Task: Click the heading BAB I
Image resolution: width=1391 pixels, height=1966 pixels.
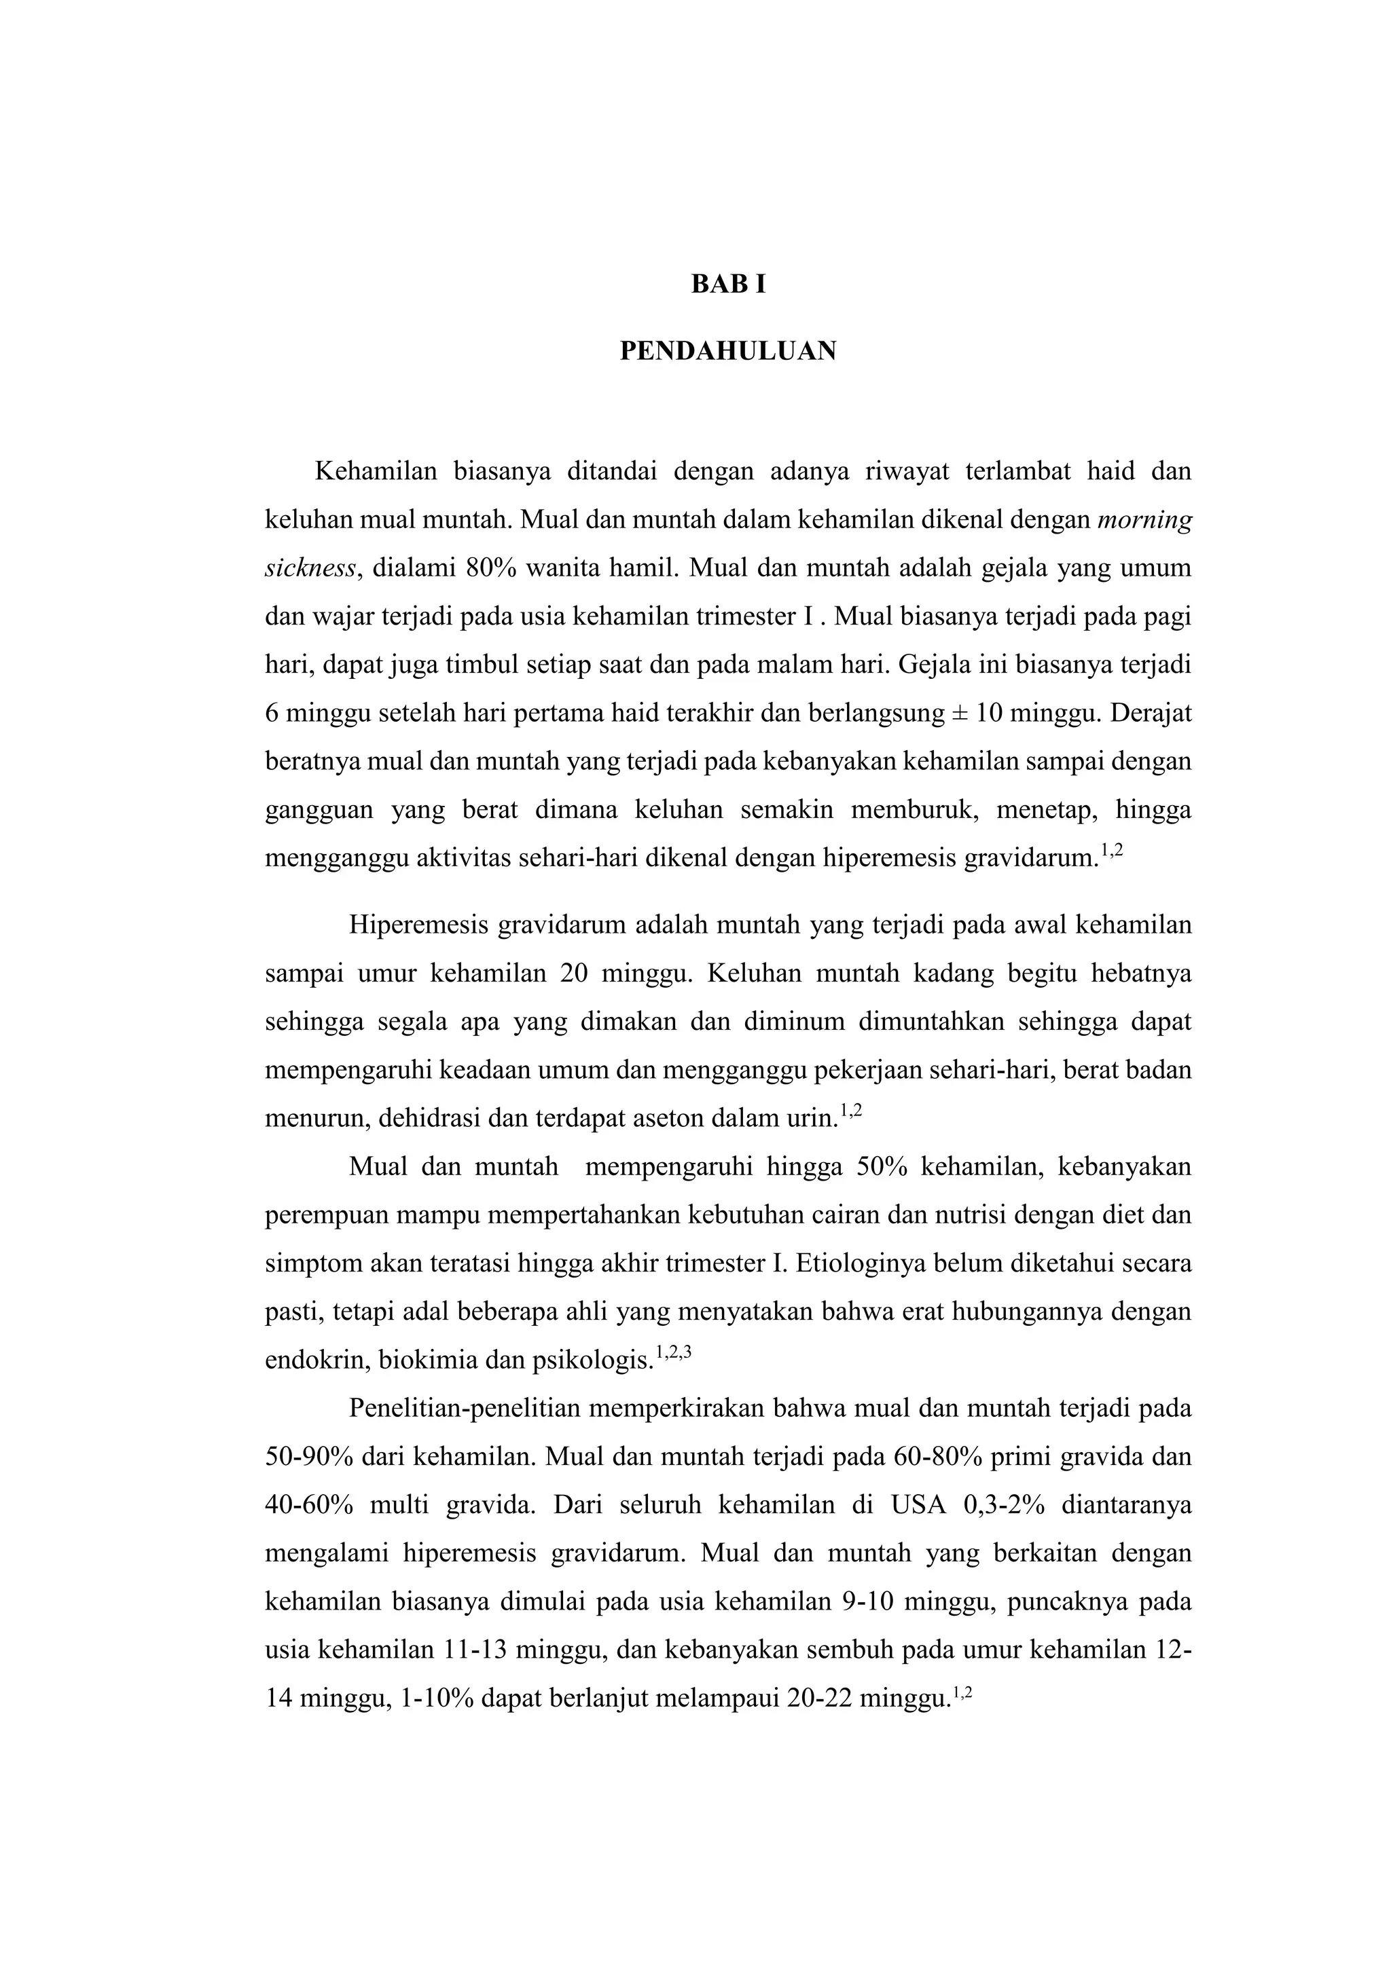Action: click(x=728, y=284)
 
